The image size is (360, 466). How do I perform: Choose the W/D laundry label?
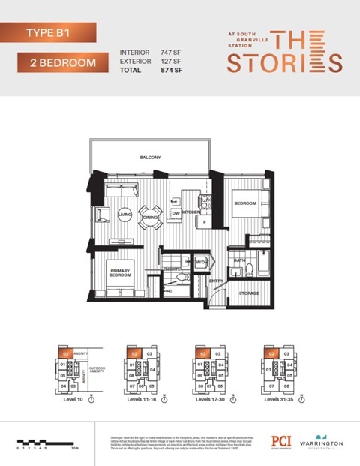201,263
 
